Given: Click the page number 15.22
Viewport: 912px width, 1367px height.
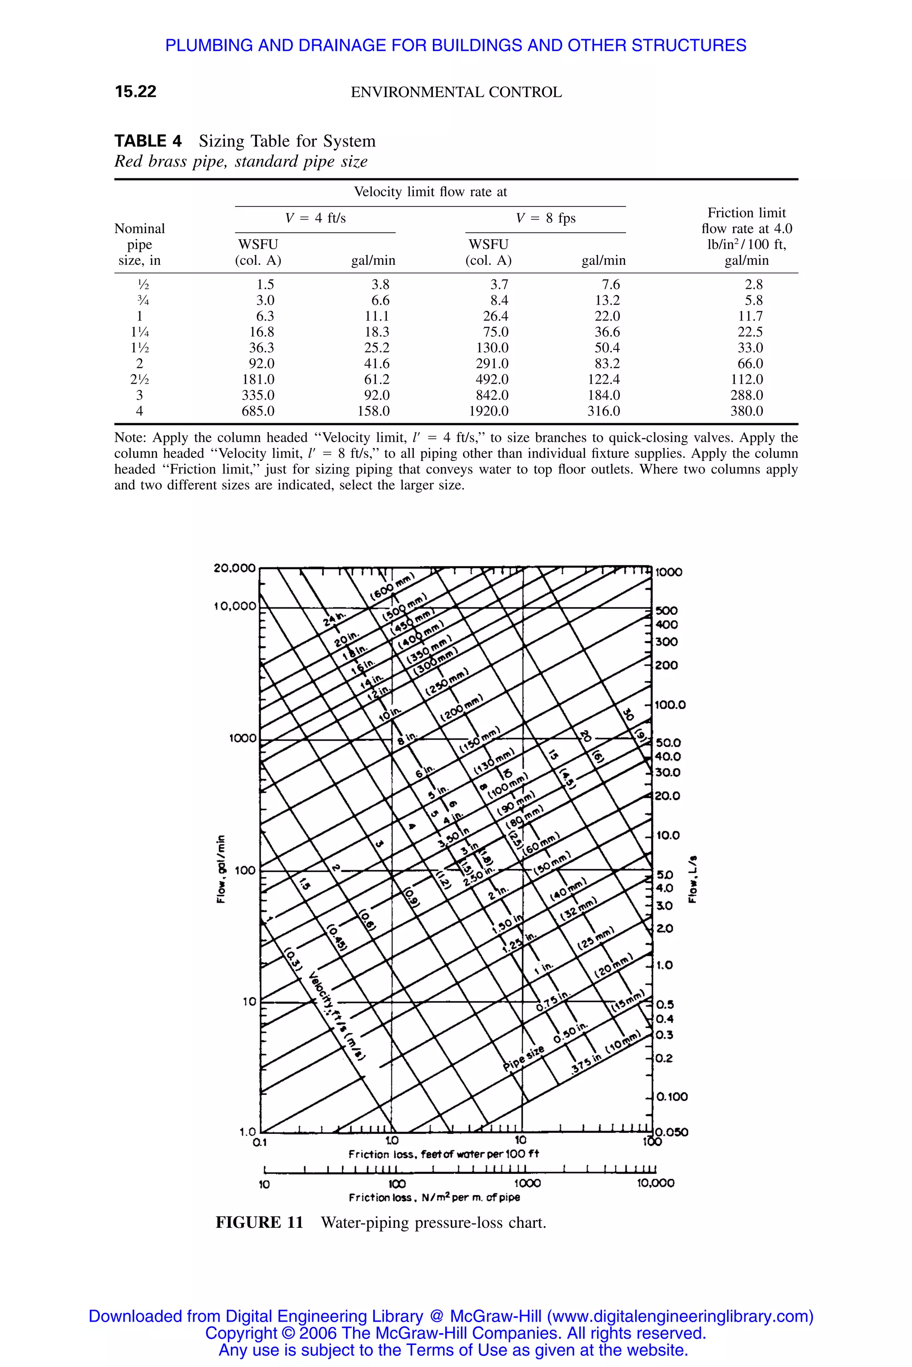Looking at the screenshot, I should [x=135, y=92].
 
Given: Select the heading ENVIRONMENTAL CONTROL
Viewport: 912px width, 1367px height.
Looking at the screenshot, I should [x=456, y=93].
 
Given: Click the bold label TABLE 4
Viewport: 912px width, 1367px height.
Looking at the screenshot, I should [x=148, y=141].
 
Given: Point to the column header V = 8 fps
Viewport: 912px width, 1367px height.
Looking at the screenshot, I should [x=545, y=218].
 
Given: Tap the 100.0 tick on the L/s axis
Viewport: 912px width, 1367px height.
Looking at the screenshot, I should [x=670, y=705].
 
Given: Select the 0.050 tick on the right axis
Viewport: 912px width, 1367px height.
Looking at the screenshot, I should [x=672, y=1132].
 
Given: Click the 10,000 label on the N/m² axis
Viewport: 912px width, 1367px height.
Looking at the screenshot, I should [x=655, y=1183].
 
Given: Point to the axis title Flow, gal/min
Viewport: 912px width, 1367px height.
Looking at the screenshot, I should [x=220, y=870].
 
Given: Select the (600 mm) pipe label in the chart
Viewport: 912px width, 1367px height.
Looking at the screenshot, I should [x=393, y=586].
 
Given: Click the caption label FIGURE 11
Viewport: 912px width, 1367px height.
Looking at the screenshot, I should [x=260, y=1222].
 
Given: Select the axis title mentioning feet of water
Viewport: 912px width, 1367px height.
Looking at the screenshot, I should [x=443, y=1154].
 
